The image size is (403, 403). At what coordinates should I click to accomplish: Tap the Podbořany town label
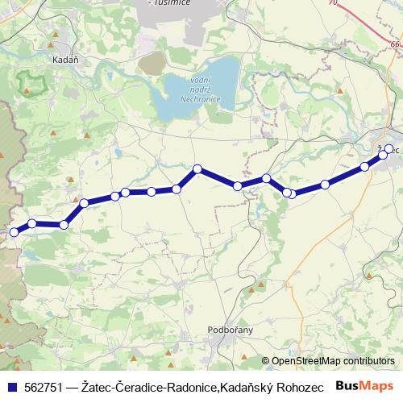231,330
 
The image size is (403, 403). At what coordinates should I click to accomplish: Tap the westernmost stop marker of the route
13,232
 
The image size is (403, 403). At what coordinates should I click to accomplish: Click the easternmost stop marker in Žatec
389,148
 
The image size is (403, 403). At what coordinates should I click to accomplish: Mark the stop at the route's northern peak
197,169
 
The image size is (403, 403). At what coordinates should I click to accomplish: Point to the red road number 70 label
333,4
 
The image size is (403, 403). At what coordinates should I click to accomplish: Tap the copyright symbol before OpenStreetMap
266,361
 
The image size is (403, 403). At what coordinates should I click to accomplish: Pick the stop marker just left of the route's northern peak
177,189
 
